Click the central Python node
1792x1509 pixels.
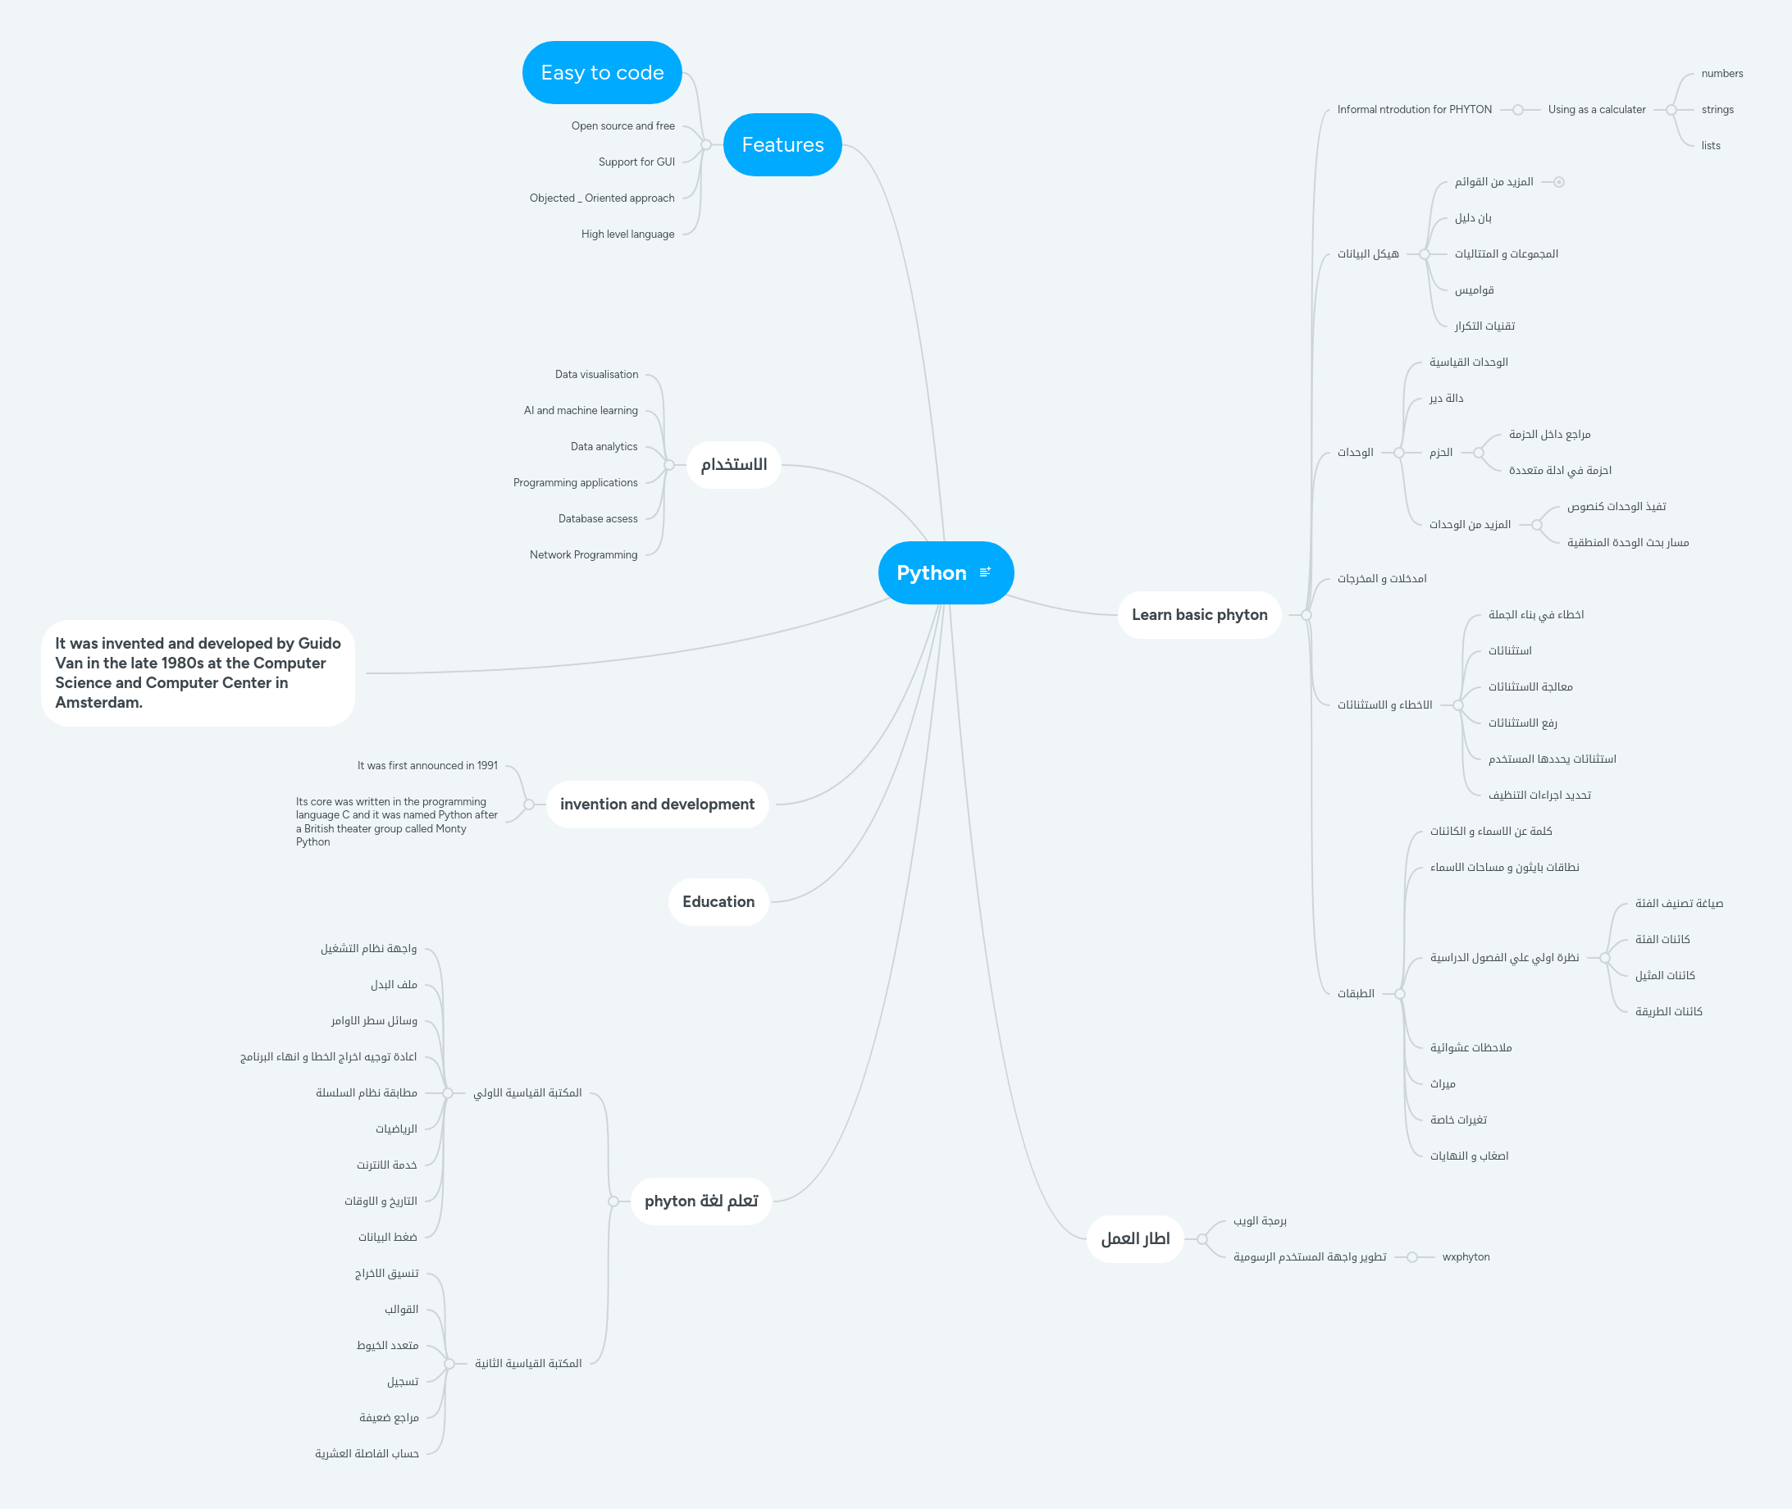(x=931, y=573)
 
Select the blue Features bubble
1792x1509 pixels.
(x=782, y=144)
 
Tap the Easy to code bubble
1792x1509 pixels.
(x=601, y=73)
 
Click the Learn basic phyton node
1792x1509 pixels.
(x=1198, y=614)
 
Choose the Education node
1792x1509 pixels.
(x=718, y=901)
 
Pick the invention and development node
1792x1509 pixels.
(x=657, y=804)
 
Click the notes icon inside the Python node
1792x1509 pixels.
(x=984, y=572)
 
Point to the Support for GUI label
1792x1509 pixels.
(x=636, y=162)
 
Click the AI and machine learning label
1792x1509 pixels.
(x=580, y=411)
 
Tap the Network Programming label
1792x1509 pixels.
(x=582, y=554)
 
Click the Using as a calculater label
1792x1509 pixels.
(x=1596, y=110)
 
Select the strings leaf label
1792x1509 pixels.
(x=1717, y=110)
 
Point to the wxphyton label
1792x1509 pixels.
(x=1466, y=1256)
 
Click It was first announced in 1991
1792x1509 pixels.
(x=426, y=766)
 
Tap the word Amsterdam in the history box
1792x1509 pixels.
(x=98, y=702)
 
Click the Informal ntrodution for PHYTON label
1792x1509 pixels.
(x=1414, y=110)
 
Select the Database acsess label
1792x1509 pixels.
(x=597, y=518)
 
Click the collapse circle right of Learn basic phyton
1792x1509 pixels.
(x=1306, y=614)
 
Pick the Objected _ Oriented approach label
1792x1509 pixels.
(x=601, y=198)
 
